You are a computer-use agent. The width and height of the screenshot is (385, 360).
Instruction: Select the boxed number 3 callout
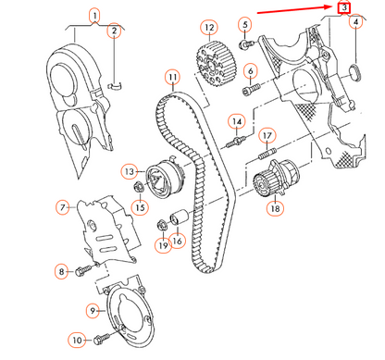345,8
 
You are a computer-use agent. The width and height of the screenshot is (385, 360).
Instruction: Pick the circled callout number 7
63,208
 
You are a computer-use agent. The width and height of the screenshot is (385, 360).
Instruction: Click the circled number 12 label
209,28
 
